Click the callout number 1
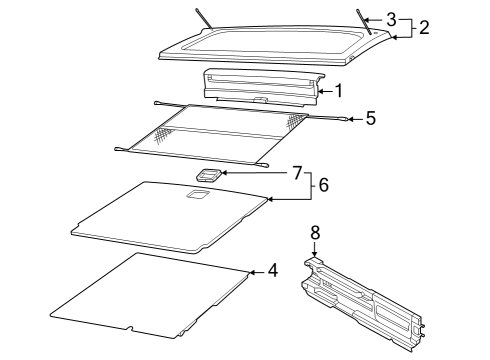(x=339, y=91)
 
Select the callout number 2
(x=424, y=27)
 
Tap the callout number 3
(x=391, y=20)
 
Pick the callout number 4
(x=273, y=270)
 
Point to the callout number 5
(x=371, y=118)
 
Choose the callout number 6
(x=323, y=185)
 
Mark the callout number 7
(x=297, y=173)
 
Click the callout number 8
(x=315, y=232)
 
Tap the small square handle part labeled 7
(x=209, y=175)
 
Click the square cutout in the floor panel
(x=198, y=194)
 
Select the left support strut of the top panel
(x=204, y=18)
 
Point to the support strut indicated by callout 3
(x=364, y=21)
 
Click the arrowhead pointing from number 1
(x=320, y=91)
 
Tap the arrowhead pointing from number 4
(x=252, y=272)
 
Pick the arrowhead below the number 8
(x=314, y=254)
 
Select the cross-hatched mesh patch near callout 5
(x=296, y=121)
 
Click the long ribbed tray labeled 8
(x=363, y=303)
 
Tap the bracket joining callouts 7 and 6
(x=312, y=186)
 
